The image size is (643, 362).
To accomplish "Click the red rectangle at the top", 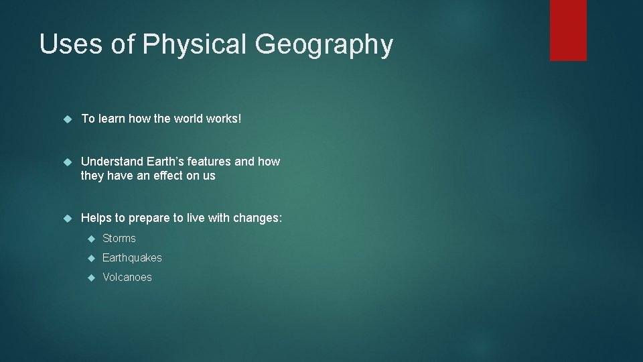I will pyautogui.click(x=568, y=29).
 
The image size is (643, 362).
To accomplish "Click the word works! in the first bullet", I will pyautogui.click(x=226, y=119).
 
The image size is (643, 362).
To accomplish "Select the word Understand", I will pyautogui.click(x=111, y=162).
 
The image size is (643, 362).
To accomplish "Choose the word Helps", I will pyautogui.click(x=96, y=218).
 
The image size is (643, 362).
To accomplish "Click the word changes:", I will pyautogui.click(x=258, y=219).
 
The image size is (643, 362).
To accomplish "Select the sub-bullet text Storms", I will pyautogui.click(x=119, y=239).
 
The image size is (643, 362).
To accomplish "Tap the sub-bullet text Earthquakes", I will pyautogui.click(x=132, y=258).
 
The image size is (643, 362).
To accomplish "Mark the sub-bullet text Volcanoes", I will pyautogui.click(x=127, y=278).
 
